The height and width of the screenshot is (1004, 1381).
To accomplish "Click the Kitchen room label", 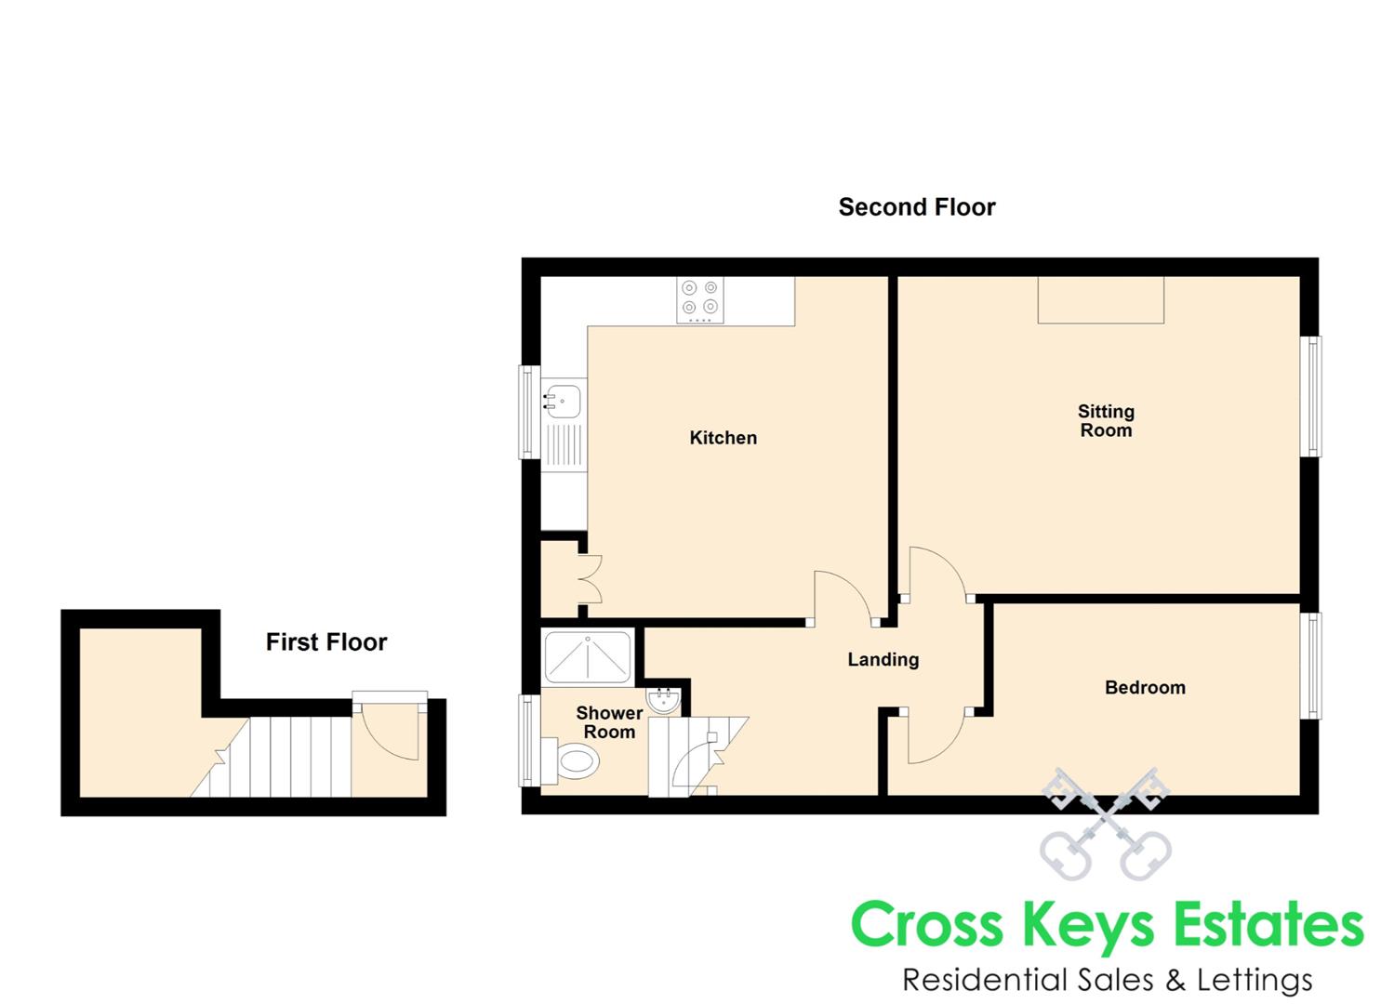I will (x=723, y=438).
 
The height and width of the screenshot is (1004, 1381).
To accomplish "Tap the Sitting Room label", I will (x=1105, y=420).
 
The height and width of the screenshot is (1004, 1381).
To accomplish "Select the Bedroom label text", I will (x=1144, y=688).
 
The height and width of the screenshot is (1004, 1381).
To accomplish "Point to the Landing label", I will (x=883, y=660).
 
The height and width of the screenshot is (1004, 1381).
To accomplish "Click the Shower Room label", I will (x=609, y=722).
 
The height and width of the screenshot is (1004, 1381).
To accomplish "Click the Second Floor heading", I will (x=916, y=207).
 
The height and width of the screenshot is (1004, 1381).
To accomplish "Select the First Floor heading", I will (x=325, y=642).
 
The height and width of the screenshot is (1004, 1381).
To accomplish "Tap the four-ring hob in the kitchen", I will (x=699, y=300).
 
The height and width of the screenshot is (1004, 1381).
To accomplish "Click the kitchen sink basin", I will (x=564, y=402).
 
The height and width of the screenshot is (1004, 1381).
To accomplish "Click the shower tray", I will (x=588, y=657).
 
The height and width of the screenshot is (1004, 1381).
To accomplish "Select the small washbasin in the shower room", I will (x=664, y=701).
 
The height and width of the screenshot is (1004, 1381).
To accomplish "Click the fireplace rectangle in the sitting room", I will (x=1100, y=300).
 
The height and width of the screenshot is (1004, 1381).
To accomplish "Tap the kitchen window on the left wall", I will (x=528, y=412).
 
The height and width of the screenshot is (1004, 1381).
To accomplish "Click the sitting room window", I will (x=1311, y=396).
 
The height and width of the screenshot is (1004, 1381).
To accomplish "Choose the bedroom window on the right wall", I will (x=1311, y=666).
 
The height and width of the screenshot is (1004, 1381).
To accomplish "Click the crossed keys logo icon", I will (x=1104, y=824).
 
